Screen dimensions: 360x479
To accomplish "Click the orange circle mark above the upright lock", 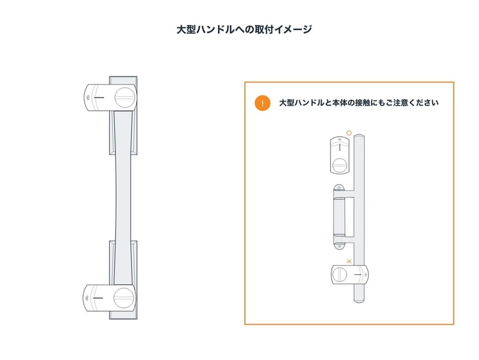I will [x=349, y=133].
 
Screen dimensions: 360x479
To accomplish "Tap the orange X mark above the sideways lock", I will [x=349, y=261].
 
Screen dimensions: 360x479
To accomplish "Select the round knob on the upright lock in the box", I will [x=339, y=165].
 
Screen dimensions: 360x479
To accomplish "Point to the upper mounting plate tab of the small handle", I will [x=339, y=188].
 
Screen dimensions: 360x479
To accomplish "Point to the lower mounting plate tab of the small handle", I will [x=339, y=246].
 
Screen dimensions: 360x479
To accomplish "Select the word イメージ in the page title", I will [x=293, y=29].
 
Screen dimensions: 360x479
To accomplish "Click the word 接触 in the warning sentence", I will [x=363, y=103].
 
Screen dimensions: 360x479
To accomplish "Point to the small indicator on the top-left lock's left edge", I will [x=88, y=98].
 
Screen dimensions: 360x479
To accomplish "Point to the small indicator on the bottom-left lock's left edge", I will [x=88, y=297].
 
